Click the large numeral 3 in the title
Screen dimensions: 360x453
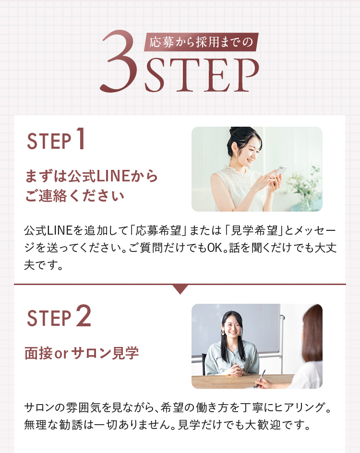coord(119,61)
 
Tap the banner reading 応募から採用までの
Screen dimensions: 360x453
coord(201,42)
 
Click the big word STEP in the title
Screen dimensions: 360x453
coord(202,75)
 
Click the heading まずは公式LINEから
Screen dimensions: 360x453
coord(91,176)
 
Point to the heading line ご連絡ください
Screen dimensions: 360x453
coord(74,196)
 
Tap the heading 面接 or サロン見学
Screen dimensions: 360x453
coord(82,353)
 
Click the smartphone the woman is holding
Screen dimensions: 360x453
coord(280,171)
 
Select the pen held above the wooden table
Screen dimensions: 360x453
coord(260,378)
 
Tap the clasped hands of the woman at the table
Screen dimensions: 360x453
coord(236,370)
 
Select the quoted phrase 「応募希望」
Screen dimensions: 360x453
coord(158,230)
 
